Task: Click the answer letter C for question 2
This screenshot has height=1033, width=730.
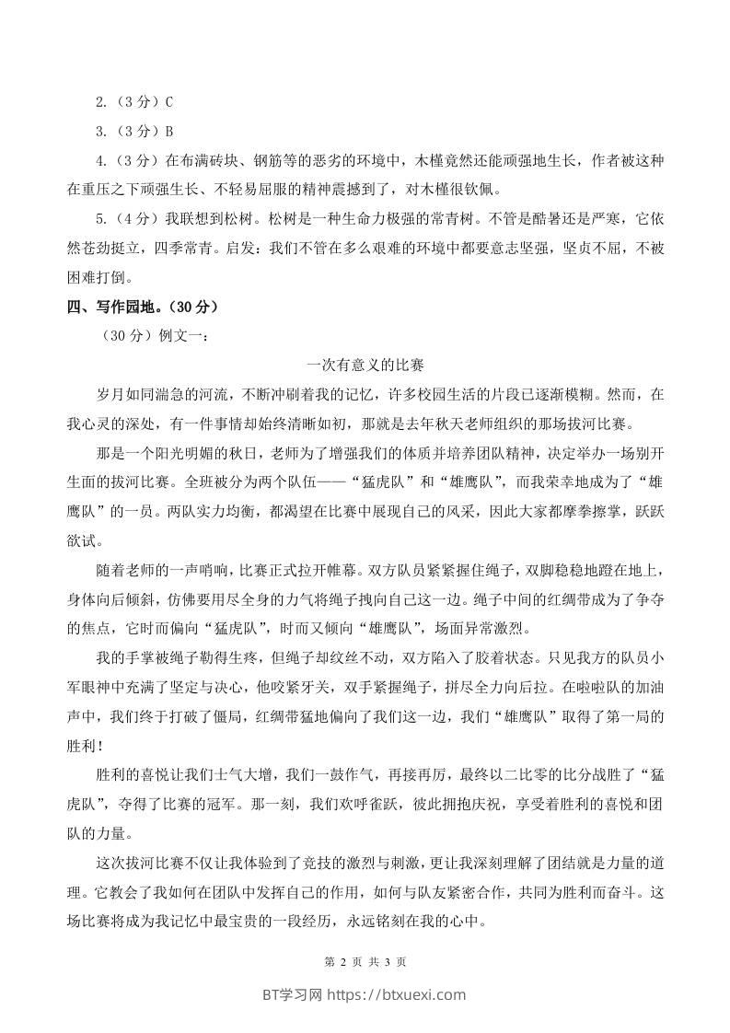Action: (169, 102)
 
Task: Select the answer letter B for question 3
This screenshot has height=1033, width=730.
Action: (169, 132)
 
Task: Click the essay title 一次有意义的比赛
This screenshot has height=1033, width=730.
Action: (365, 366)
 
